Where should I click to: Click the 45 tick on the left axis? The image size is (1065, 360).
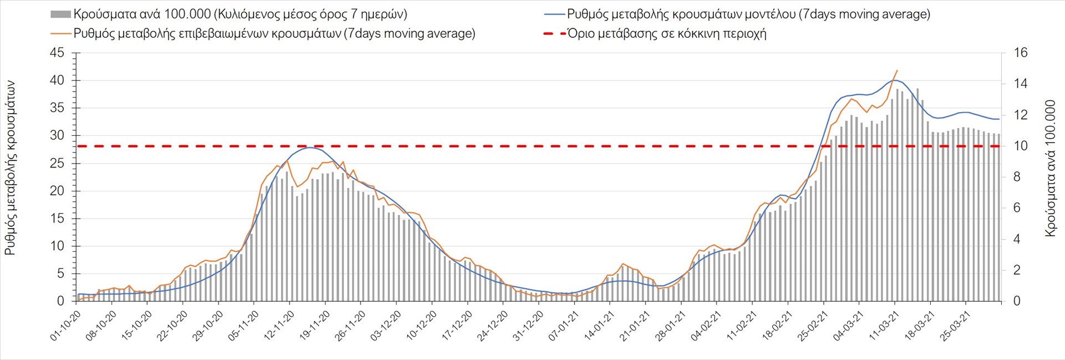(x=57, y=53)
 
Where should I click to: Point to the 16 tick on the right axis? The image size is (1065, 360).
(x=1021, y=53)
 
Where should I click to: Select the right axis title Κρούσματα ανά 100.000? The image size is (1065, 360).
(x=1050, y=168)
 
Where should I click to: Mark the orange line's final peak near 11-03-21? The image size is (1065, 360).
(x=897, y=70)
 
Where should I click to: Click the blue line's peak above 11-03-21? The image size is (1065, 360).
(x=894, y=80)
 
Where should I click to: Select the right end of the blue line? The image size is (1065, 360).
(x=999, y=119)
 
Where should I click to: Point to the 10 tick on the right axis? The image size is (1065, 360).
(x=1021, y=146)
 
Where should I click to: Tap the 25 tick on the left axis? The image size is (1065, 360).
(x=57, y=164)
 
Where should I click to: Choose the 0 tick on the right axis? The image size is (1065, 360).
(x=1017, y=301)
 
